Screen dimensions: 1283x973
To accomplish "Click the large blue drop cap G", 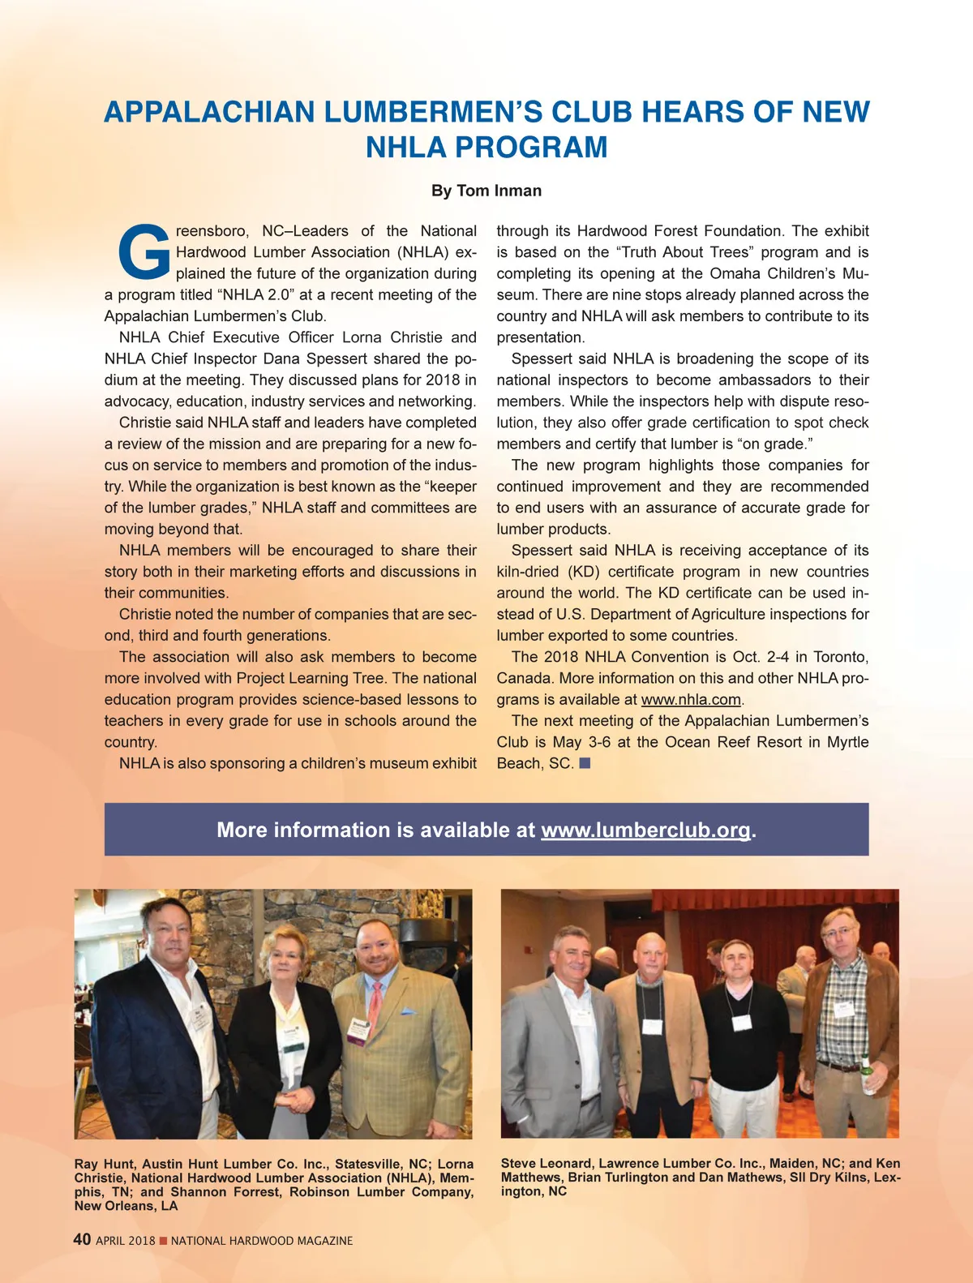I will point(144,250).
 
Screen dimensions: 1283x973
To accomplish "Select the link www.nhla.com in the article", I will point(691,699).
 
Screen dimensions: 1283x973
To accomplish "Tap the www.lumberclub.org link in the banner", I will point(645,830).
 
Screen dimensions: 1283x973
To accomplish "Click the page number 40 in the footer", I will point(82,1239).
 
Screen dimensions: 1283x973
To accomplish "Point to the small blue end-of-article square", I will point(585,763).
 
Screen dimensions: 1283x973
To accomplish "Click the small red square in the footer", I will point(163,1241).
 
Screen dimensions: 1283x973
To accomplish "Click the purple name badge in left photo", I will point(358,1030).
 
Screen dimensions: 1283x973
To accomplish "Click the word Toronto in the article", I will point(840,657).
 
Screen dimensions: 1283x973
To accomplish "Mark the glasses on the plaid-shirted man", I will point(839,933).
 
